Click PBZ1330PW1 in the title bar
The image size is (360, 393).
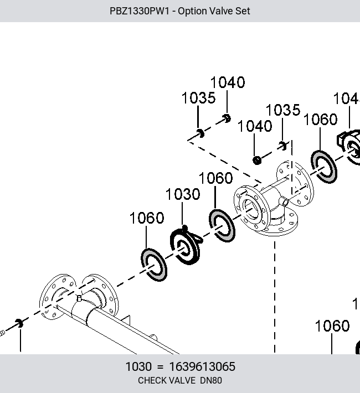click(x=140, y=11)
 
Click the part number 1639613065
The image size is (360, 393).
click(x=202, y=366)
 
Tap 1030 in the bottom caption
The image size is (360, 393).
click(x=138, y=366)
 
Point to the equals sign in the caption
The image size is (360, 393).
click(x=160, y=367)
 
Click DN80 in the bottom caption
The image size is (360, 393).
click(x=210, y=380)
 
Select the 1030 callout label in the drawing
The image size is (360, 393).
click(x=183, y=194)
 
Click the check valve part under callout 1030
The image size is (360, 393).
click(x=186, y=246)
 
